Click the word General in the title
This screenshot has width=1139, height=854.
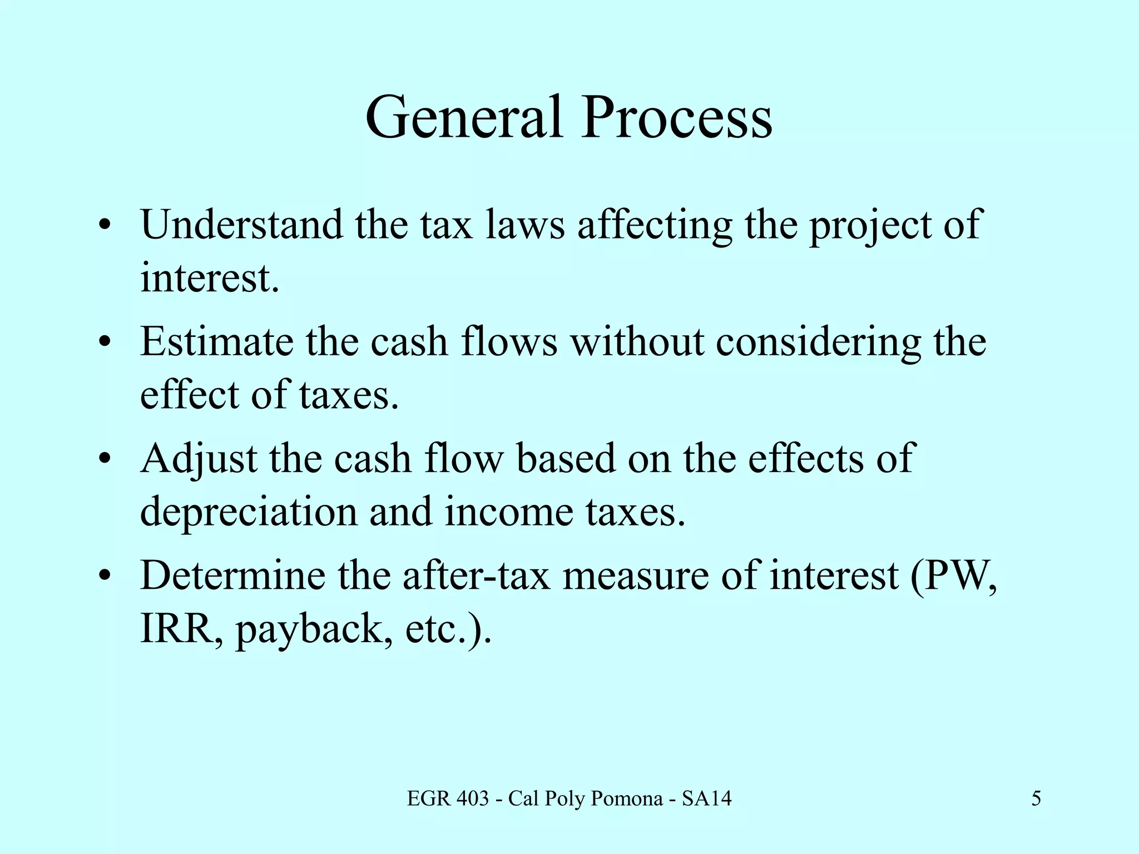(463, 118)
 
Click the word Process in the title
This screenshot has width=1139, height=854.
(677, 118)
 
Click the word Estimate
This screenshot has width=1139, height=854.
(216, 341)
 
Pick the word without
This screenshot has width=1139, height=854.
(637, 341)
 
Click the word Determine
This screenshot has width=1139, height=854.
(232, 575)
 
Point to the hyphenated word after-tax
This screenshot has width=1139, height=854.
(476, 575)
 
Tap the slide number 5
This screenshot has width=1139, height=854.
(1036, 799)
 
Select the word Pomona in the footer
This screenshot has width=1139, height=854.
(627, 799)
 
